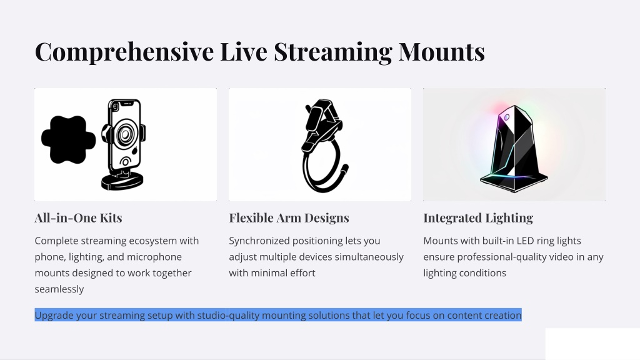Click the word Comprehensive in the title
coord(124,52)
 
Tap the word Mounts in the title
coord(442,52)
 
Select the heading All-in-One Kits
coord(78,217)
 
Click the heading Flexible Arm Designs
coord(289,218)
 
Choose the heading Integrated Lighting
coord(478,218)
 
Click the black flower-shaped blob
coord(68,139)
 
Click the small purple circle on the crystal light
coord(506,117)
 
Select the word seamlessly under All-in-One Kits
coord(59,289)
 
